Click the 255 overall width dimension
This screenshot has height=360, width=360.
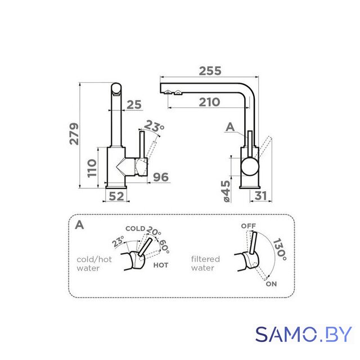210,71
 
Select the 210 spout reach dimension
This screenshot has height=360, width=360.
209,102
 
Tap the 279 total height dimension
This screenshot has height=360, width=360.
74,134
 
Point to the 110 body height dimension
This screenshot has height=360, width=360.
92,168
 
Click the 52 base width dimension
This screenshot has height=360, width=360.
116,196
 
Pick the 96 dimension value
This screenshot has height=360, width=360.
161,177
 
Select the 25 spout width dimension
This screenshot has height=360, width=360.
134,105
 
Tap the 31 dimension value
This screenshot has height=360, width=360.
260,196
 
